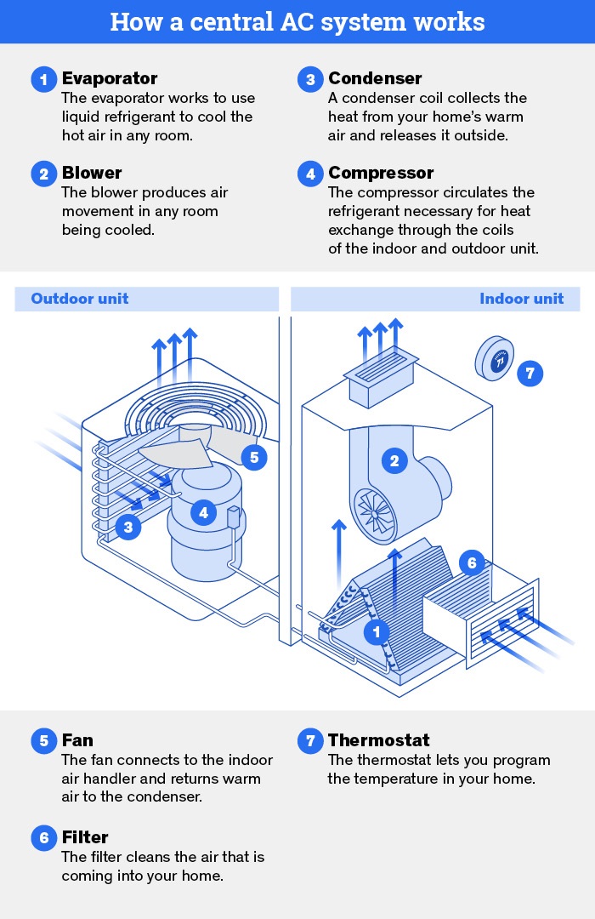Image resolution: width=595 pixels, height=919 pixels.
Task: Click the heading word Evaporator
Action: pyautogui.click(x=110, y=78)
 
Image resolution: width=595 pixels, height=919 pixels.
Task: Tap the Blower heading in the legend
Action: pyautogui.click(x=92, y=174)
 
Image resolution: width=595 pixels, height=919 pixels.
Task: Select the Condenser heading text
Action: pyautogui.click(x=375, y=79)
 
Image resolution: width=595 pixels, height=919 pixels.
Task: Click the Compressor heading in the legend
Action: pyautogui.click(x=381, y=174)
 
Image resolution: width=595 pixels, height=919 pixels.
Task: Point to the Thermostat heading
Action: pyautogui.click(x=379, y=740)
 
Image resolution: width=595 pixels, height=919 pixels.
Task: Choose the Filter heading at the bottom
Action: pyautogui.click(x=85, y=837)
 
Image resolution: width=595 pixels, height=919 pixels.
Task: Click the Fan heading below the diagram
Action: pyautogui.click(x=77, y=740)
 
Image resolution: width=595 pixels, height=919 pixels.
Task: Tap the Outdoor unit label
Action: pyautogui.click(x=80, y=299)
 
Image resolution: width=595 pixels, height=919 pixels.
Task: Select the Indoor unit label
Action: pyautogui.click(x=521, y=299)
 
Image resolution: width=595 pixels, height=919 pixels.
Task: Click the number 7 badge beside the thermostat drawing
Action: pyautogui.click(x=530, y=373)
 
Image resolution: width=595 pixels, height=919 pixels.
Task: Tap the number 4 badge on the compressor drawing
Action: pyautogui.click(x=203, y=512)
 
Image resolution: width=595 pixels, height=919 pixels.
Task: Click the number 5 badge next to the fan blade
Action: pyautogui.click(x=253, y=457)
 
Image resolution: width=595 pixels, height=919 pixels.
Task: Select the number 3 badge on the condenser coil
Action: pyautogui.click(x=127, y=528)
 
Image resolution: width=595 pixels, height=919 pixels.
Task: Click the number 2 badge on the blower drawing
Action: pyautogui.click(x=394, y=461)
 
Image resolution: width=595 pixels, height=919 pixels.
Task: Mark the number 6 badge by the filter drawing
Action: pyautogui.click(x=472, y=562)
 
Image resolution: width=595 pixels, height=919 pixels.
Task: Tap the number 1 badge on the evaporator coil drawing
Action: pyautogui.click(x=376, y=631)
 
